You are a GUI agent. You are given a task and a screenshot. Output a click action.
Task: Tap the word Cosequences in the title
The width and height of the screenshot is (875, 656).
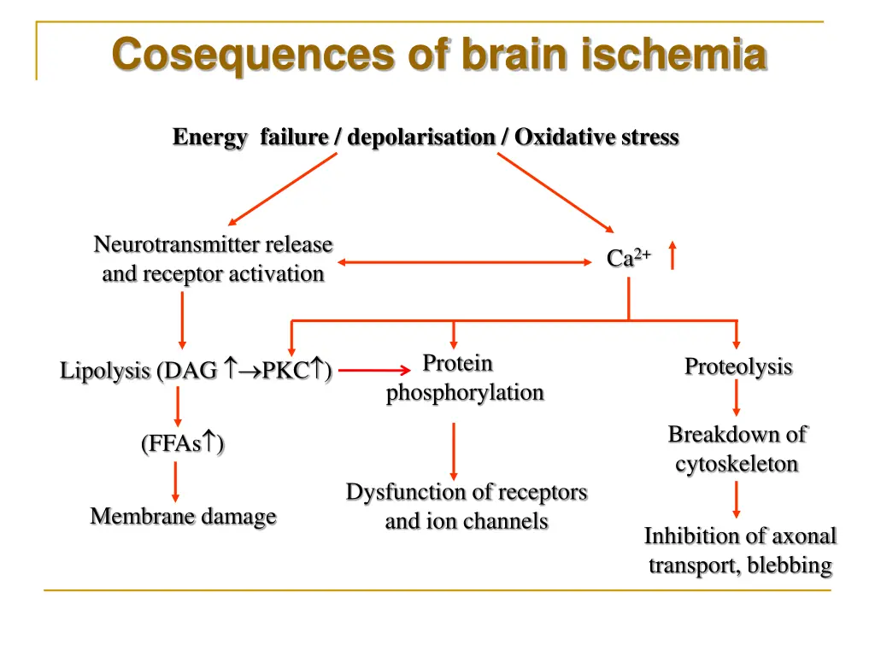[x=253, y=56]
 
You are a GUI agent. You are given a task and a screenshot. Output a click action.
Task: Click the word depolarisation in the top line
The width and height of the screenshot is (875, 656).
[x=421, y=138]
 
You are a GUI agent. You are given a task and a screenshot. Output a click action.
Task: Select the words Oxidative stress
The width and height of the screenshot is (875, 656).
[x=596, y=137]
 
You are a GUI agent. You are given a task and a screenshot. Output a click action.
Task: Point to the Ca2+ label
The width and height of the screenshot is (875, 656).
[x=629, y=257]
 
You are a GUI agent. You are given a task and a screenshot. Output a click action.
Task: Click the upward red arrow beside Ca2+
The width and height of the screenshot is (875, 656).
[x=672, y=255]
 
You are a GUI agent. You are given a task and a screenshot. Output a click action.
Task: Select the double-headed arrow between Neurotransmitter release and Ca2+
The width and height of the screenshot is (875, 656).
[x=465, y=262]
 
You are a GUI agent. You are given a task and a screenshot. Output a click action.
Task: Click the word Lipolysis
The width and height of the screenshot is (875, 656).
[x=105, y=371]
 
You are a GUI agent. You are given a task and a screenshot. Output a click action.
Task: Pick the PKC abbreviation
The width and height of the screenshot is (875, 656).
[x=285, y=370]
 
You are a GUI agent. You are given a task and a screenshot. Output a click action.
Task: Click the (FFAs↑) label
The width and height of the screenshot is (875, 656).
[x=183, y=443]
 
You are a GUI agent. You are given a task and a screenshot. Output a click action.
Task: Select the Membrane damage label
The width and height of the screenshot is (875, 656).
[x=183, y=516]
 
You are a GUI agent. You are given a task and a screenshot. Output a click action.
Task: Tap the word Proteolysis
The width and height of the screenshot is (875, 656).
[x=738, y=367]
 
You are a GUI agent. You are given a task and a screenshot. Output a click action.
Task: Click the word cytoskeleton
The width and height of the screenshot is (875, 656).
[x=737, y=464]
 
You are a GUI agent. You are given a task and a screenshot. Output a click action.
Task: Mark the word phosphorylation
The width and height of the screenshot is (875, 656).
[x=465, y=393]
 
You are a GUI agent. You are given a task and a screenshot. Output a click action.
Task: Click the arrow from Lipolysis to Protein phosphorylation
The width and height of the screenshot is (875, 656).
[x=374, y=370]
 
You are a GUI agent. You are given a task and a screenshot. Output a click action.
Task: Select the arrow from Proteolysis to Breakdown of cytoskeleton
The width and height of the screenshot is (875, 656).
[x=737, y=398]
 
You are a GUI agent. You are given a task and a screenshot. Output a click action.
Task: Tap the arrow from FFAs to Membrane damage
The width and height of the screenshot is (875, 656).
[x=176, y=483]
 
